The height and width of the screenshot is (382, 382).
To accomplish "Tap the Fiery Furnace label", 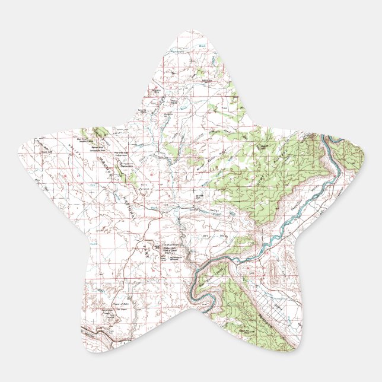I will click(144, 186).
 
